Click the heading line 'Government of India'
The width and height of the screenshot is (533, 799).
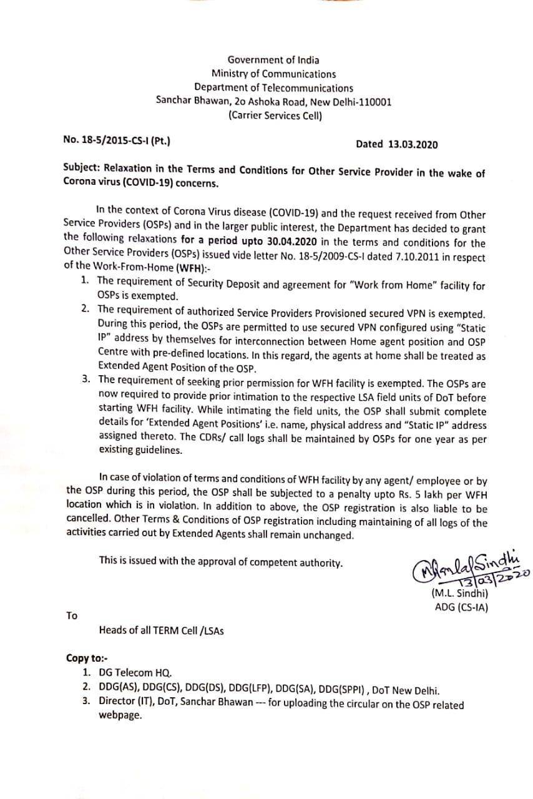[x=273, y=60]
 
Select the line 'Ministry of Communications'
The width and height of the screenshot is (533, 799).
[x=273, y=74]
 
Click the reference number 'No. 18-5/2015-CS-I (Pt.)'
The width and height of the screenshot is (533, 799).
[x=117, y=140]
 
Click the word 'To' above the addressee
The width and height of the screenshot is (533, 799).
[x=72, y=615]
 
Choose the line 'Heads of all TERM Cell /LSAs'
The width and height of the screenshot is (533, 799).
[x=162, y=630]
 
